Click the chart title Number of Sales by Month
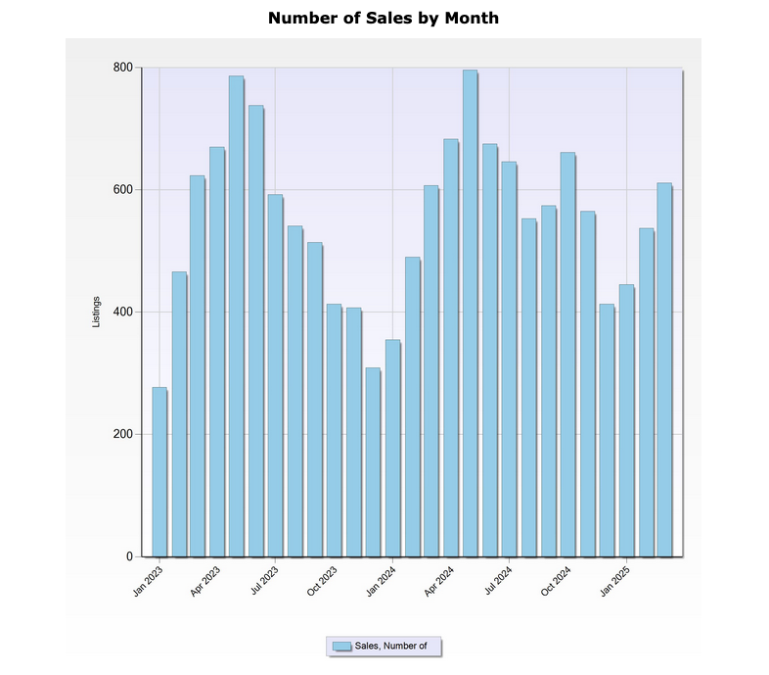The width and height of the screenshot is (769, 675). coord(384,18)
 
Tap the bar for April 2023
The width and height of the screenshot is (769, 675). coord(216,352)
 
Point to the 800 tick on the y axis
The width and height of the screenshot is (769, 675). coord(121,68)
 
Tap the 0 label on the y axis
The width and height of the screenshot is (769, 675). coord(128,556)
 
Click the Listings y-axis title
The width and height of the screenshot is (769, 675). coord(96,312)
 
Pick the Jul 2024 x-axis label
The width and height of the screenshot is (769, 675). coord(498,582)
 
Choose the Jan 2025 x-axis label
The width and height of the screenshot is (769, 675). coord(615,582)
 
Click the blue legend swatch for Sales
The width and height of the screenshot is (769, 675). coord(341,646)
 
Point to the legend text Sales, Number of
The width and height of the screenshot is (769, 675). coord(390,646)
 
